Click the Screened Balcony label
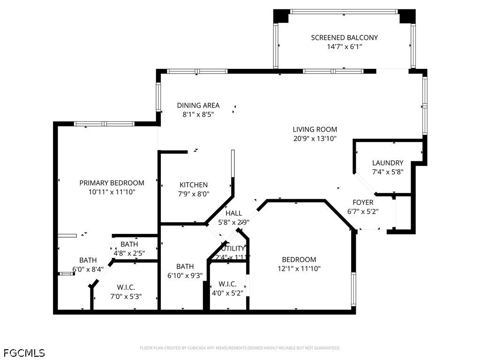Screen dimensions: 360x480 pos(344,37)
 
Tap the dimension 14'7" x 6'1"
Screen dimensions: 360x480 pos(344,47)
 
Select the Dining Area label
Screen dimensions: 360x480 pos(198,105)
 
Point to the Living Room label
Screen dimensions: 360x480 pos(315,129)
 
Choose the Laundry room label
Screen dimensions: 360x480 pos(388,163)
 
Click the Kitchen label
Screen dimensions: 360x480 pos(194,185)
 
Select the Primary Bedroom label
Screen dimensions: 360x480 pos(112,183)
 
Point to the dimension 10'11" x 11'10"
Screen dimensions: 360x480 pos(112,192)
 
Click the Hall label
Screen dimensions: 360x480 pos(233,213)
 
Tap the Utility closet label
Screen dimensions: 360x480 pos(233,248)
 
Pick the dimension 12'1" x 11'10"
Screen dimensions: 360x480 pos(299,269)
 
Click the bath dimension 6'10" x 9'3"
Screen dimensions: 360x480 pos(185,276)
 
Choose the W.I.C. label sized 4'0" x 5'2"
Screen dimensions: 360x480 pos(227,284)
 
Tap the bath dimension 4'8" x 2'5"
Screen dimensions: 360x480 pos(129,253)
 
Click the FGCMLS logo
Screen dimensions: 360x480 pos(24,352)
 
